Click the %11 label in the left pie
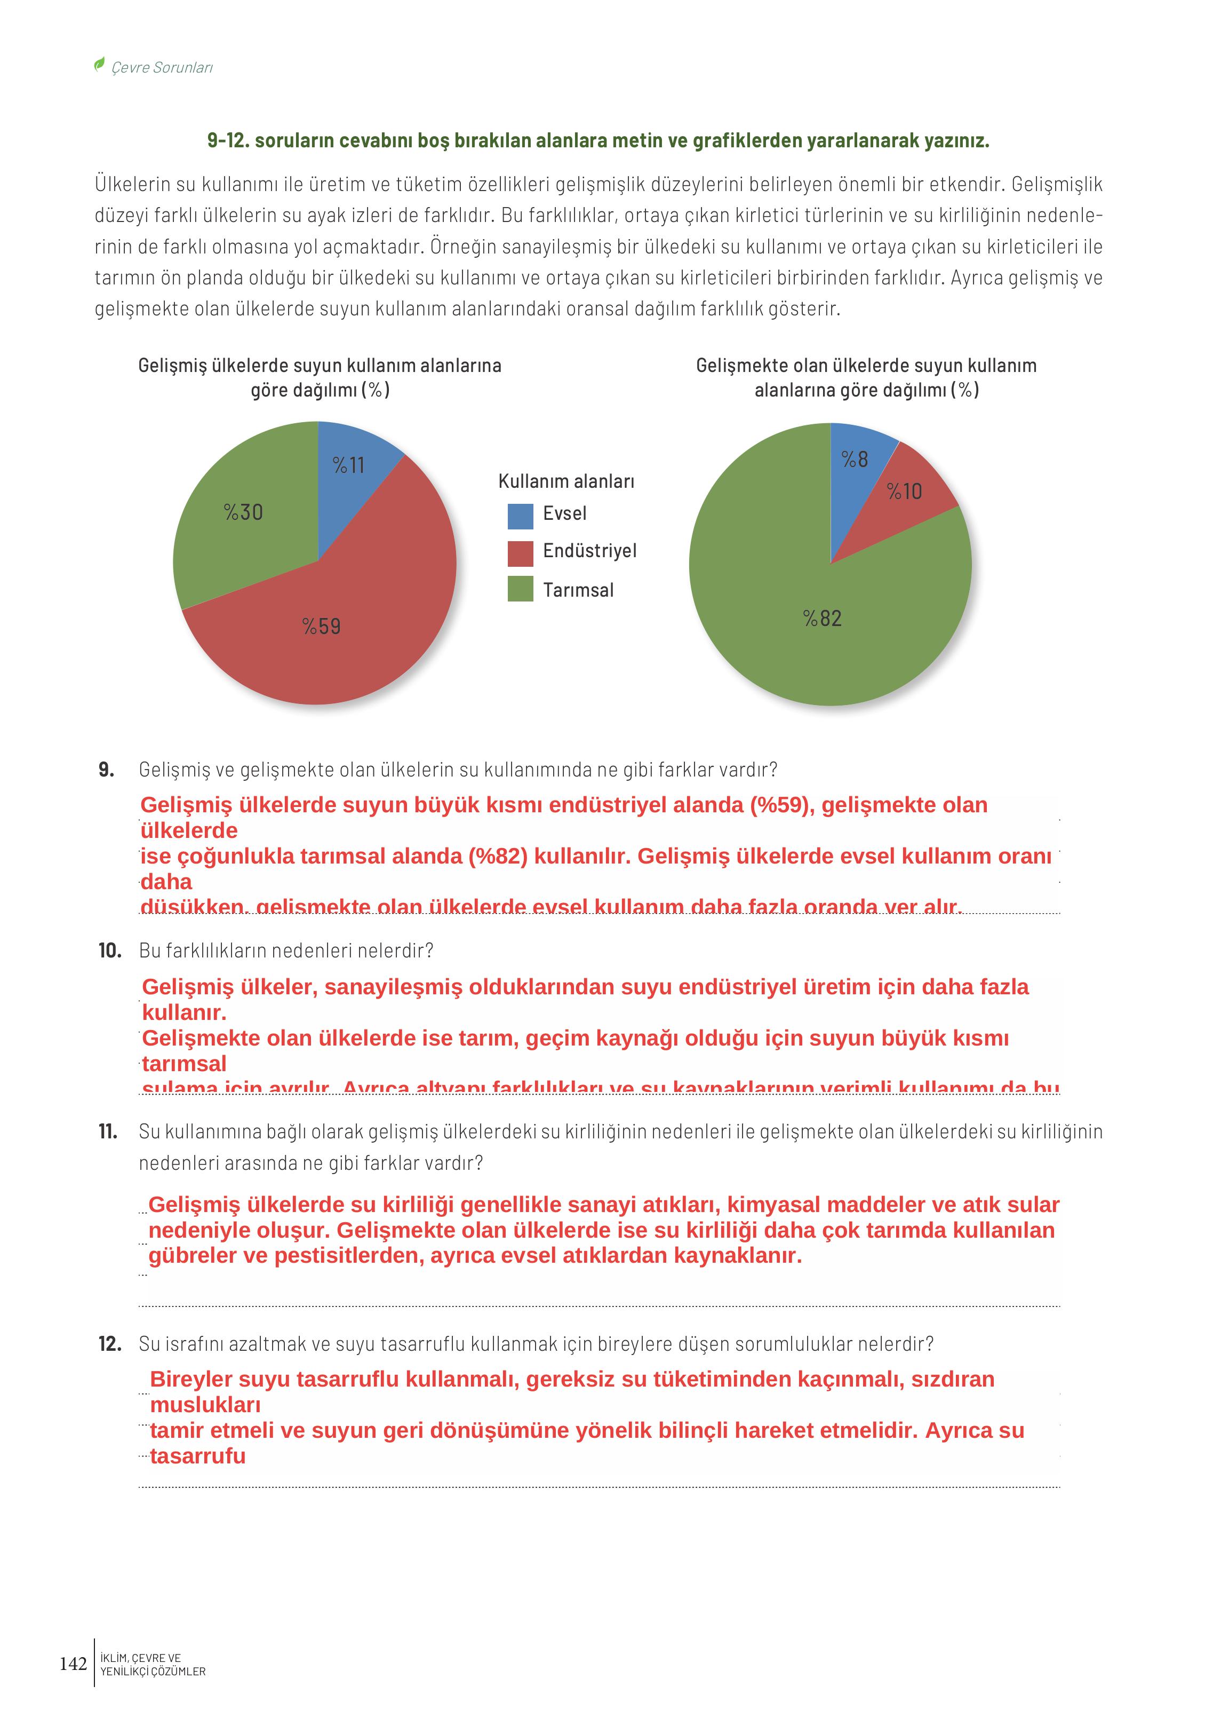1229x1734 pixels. pos(348,465)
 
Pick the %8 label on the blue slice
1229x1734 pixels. pos(855,459)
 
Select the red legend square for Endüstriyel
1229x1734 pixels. pos(520,553)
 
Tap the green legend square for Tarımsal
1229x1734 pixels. pos(520,589)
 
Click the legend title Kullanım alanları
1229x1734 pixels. pos(566,481)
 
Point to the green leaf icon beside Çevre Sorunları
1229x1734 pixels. pos(99,65)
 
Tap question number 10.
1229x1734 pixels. pos(110,951)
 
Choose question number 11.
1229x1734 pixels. pos(108,1131)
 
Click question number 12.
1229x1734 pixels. pos(110,1344)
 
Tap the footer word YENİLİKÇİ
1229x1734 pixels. pos(125,1671)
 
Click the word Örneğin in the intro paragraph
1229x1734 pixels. pos(461,247)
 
